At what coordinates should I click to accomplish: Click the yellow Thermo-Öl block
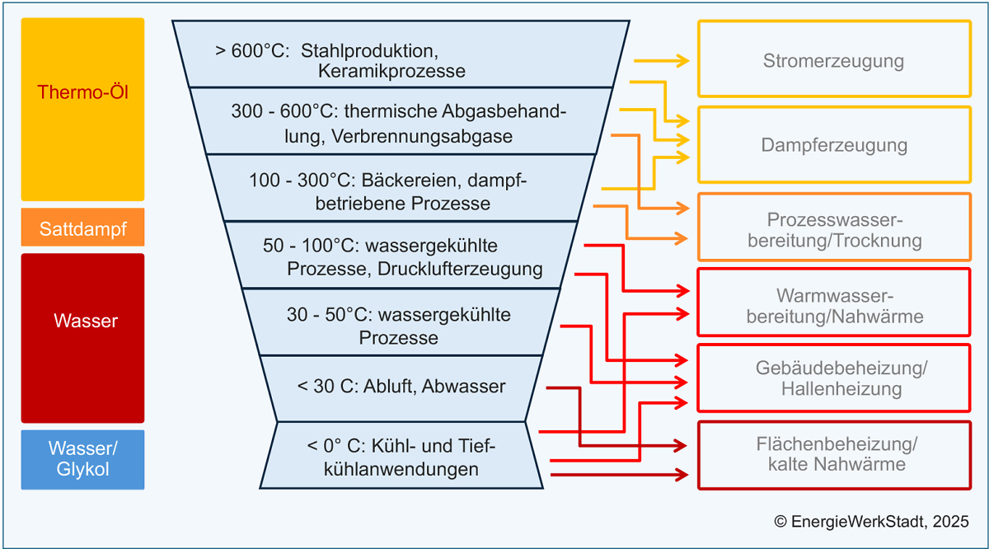(82, 109)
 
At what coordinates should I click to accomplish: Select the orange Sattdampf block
(82, 228)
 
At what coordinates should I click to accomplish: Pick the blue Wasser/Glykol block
(82, 459)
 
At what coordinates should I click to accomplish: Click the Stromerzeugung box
(834, 60)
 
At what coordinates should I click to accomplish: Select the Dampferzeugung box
(834, 145)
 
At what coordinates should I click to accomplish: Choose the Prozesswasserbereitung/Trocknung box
(834, 231)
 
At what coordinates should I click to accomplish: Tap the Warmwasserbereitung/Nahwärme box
(834, 306)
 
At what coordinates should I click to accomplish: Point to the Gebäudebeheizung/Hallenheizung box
(834, 378)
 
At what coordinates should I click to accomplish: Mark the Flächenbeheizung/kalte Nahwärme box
(834, 454)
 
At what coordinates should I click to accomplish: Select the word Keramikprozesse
(391, 71)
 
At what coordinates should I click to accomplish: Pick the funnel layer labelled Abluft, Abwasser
(401, 386)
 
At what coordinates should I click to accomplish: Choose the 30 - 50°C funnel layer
(398, 325)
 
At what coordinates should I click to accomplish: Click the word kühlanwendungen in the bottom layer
(401, 470)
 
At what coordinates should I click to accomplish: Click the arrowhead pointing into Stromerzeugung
(683, 60)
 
